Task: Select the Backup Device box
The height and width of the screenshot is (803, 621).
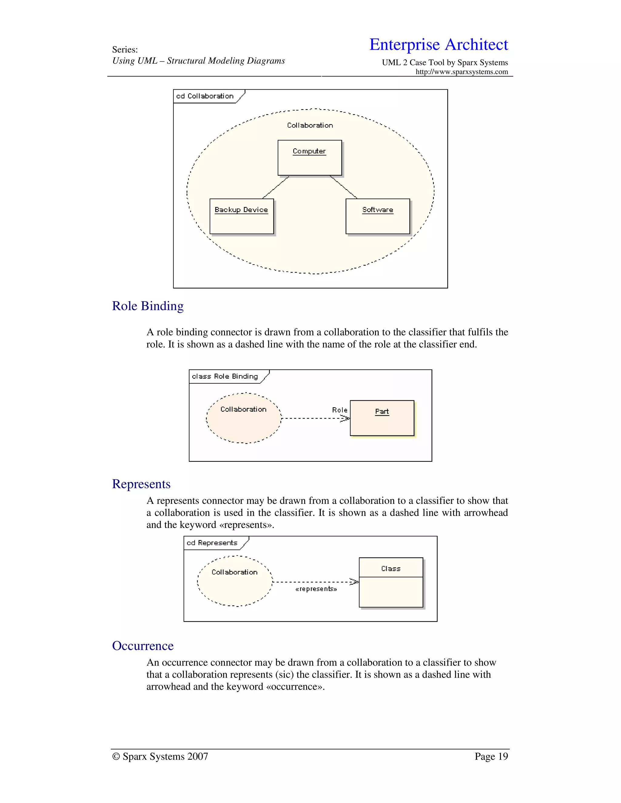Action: [241, 216]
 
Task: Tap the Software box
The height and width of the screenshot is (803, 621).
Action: [378, 216]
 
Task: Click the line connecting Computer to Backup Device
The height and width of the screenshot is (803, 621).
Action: [276, 188]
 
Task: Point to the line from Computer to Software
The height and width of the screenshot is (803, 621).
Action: [343, 187]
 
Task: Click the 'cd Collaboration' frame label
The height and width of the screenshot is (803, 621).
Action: [205, 96]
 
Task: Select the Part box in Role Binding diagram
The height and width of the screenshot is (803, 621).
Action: [382, 418]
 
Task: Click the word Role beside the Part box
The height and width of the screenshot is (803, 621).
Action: [339, 410]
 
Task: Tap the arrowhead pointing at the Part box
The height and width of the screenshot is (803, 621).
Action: [345, 418]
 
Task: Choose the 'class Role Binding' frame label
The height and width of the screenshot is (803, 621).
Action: [225, 376]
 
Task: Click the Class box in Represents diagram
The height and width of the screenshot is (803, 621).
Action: [391, 582]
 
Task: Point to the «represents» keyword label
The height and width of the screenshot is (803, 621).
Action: [316, 589]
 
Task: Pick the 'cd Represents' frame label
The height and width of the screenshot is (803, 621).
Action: [212, 543]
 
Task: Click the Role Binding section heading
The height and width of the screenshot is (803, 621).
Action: [148, 306]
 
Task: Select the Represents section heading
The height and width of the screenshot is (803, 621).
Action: [141, 484]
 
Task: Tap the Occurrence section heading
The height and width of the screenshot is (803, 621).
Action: [143, 646]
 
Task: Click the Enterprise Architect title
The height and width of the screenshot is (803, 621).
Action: [438, 45]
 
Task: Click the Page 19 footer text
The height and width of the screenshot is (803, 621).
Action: [491, 756]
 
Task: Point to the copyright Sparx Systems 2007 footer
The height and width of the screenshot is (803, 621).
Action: [160, 756]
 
